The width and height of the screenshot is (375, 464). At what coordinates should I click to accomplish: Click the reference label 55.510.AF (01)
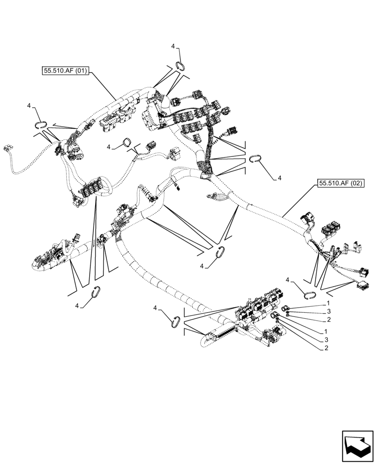pos(65,71)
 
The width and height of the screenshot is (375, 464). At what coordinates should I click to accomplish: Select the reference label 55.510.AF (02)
pos(340,183)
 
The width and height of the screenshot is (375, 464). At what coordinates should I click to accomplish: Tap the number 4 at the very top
pos(173,46)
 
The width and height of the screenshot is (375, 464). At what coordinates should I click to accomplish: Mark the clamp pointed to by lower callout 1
pos(275,316)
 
